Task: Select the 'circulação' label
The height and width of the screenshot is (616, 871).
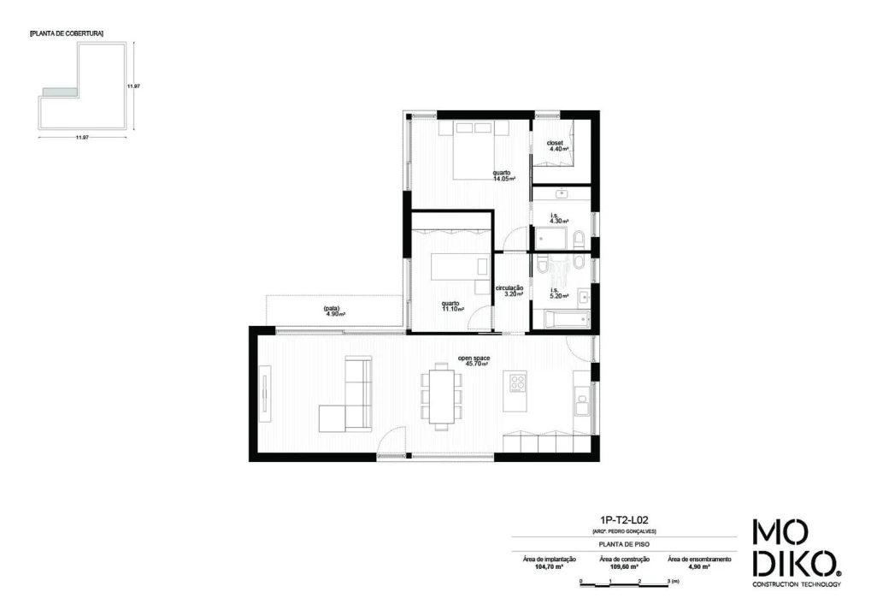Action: click(509, 288)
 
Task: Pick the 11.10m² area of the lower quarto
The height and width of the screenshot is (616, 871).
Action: click(453, 309)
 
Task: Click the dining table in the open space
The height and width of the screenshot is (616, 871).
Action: click(441, 394)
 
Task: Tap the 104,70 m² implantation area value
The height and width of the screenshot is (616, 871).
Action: click(549, 567)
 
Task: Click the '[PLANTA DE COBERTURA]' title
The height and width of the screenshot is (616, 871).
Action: click(66, 33)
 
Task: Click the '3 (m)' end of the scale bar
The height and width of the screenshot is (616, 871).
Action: click(672, 582)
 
